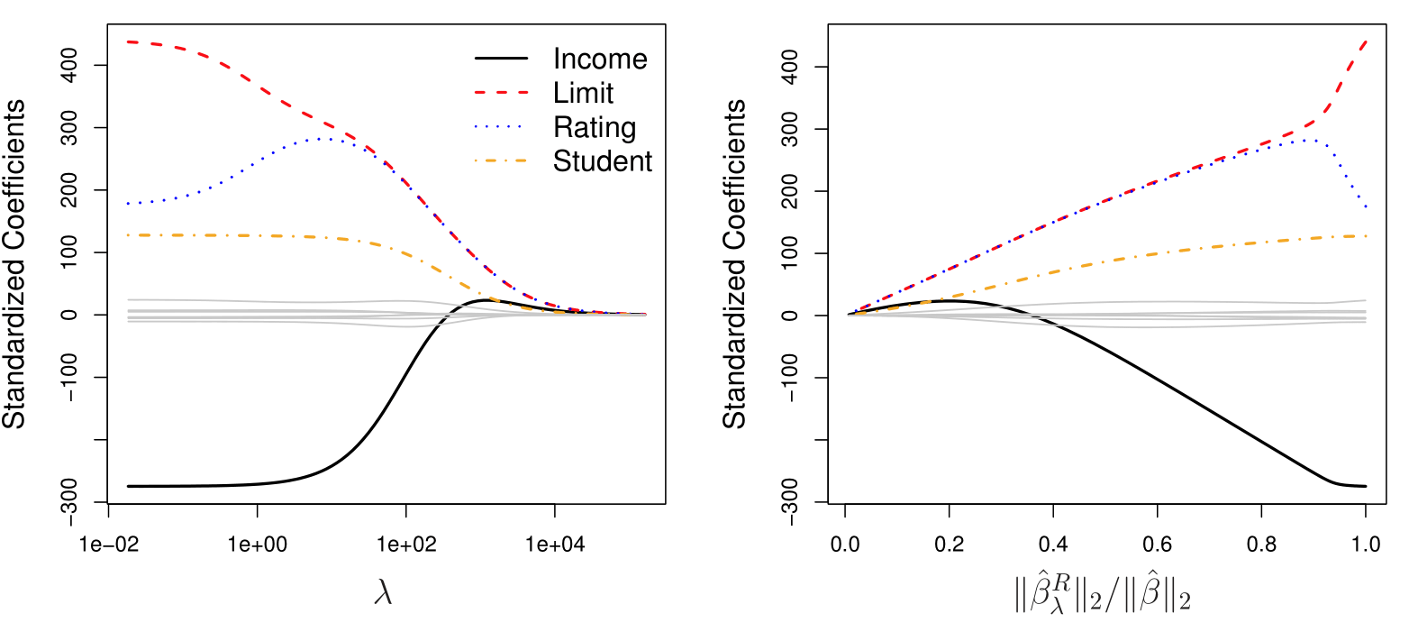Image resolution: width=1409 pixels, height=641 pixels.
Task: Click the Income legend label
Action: point(600,60)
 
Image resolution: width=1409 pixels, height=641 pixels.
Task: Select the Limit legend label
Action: point(583,92)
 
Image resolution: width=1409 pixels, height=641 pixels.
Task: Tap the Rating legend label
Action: point(594,127)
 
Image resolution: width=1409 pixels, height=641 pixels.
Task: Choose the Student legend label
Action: point(603,161)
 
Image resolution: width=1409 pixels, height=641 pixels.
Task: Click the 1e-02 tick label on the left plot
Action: point(109,545)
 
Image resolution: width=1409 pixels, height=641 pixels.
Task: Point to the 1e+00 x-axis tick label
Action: point(258,545)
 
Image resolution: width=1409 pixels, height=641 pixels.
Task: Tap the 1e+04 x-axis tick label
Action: point(554,545)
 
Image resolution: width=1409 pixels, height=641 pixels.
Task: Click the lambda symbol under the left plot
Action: point(384,595)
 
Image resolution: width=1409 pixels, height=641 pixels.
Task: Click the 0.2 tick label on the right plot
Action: point(949,545)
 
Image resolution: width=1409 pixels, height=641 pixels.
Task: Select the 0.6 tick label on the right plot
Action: point(1157,545)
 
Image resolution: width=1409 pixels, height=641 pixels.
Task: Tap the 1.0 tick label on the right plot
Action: point(1366,545)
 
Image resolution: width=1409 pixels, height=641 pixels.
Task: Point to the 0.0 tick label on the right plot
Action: point(845,545)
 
